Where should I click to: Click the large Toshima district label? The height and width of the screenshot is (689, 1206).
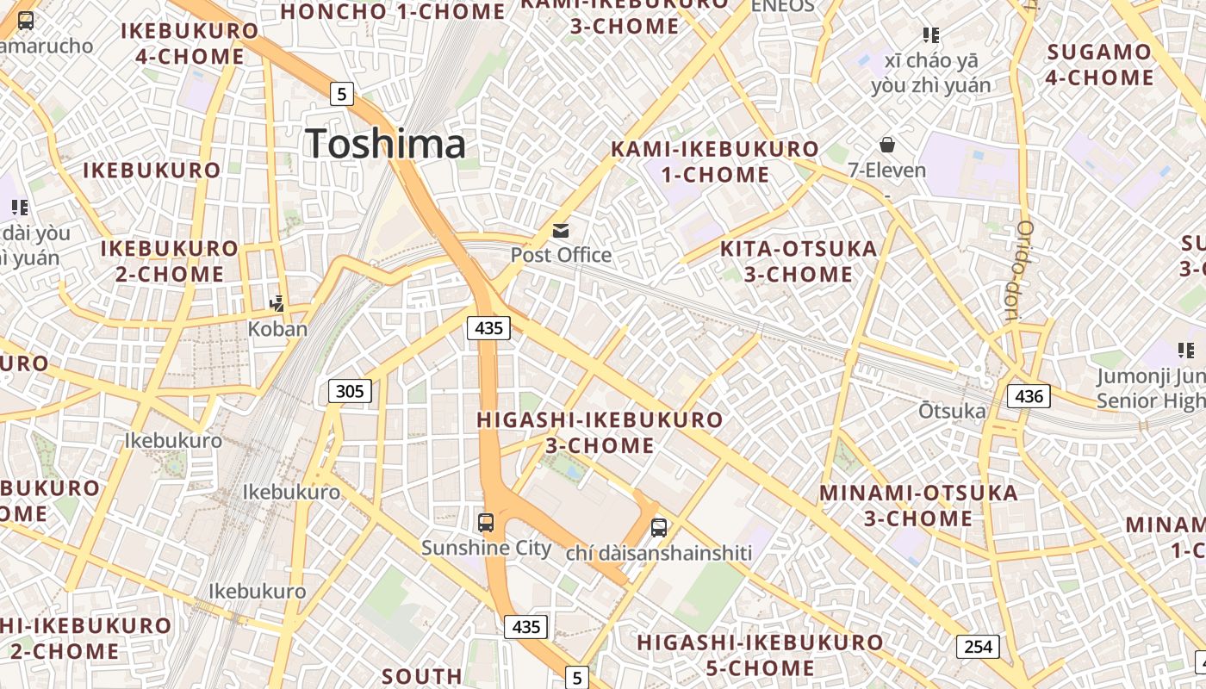coord(385,143)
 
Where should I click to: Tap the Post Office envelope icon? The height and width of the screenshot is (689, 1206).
coord(561,230)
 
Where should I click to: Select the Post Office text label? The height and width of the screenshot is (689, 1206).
coord(561,255)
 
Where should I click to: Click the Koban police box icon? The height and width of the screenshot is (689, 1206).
coord(277,303)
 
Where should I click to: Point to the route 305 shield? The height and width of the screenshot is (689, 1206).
coord(350,392)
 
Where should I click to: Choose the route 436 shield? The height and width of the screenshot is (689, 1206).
coord(1029,396)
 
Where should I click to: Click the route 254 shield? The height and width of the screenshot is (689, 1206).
coord(978,646)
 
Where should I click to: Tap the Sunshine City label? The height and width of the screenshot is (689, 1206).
coord(486,548)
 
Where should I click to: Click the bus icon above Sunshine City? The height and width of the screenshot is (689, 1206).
coord(486,522)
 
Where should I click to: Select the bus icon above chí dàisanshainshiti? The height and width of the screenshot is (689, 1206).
coord(659,527)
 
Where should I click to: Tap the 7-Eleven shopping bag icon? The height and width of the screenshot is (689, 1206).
coord(887,145)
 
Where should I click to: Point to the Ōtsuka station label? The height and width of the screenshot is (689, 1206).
coord(952,411)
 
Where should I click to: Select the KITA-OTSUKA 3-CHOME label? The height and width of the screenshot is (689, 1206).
coord(798,262)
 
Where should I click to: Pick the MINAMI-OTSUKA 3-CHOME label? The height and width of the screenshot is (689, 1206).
coord(918,506)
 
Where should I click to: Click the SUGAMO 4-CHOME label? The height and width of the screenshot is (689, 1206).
coord(1099,65)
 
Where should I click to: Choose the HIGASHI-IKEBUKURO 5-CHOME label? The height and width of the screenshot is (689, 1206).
coord(760,655)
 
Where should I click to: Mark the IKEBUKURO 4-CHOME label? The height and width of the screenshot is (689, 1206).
coord(190,44)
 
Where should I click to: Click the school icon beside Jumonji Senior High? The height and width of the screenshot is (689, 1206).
coord(1186,351)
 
